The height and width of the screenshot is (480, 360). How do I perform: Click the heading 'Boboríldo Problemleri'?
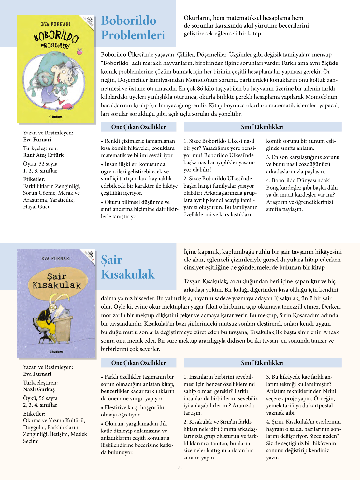tap(133, 28)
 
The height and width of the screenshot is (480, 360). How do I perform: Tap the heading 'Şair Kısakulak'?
tap(128, 267)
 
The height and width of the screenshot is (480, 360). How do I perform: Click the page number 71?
tap(180, 467)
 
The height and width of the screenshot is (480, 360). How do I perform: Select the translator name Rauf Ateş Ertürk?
tap(43, 155)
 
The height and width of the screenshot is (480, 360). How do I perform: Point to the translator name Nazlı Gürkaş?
tap(39, 389)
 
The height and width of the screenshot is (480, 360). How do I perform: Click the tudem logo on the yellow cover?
tap(56, 117)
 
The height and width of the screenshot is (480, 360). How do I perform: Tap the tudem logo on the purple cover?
tap(56, 352)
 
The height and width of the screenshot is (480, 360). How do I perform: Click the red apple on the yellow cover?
tap(79, 51)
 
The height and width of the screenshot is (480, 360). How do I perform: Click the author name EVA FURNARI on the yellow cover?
tap(56, 24)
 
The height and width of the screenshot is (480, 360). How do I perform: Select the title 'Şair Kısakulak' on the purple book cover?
tap(56, 281)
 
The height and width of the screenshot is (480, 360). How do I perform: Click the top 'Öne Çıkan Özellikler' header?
tap(138, 127)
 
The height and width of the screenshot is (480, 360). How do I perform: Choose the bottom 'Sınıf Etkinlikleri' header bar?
tap(262, 363)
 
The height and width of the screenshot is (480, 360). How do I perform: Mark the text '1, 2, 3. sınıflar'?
tap(40, 171)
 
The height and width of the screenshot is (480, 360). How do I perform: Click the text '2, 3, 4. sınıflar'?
tap(40, 405)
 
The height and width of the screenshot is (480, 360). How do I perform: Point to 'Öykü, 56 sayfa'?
tap(40, 398)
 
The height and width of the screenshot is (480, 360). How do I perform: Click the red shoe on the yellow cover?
tap(67, 106)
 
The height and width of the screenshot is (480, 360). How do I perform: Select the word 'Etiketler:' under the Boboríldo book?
tap(34, 179)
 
